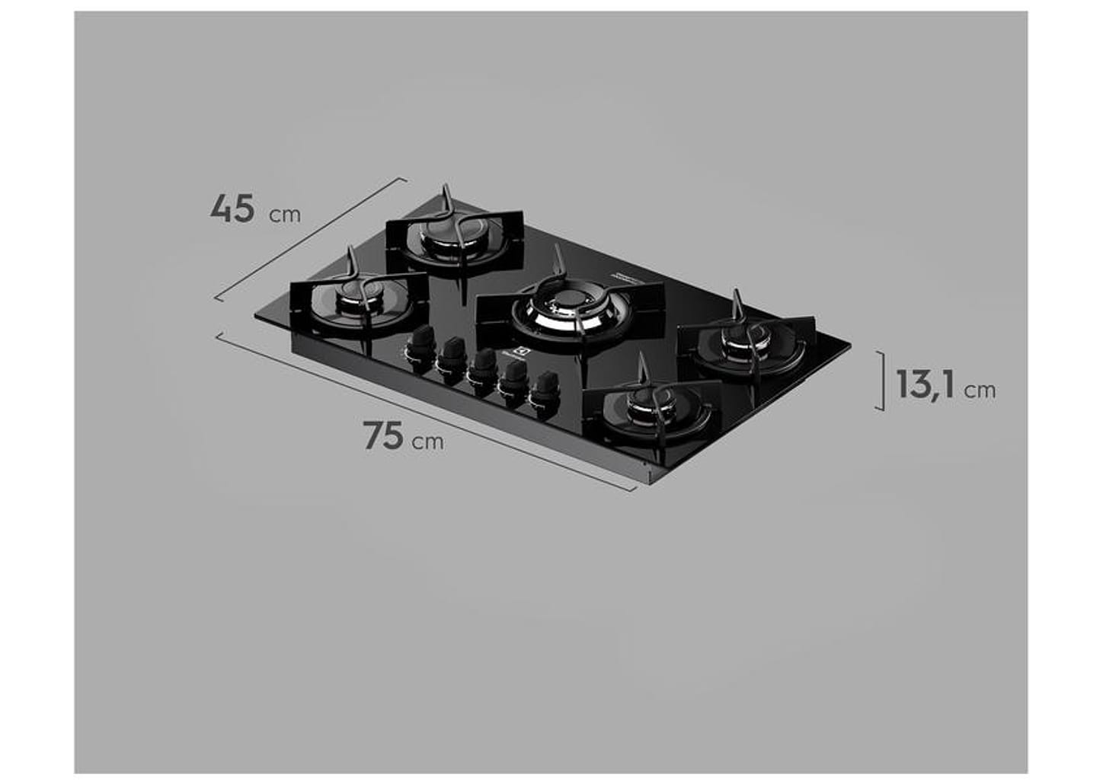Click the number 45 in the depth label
tap(232, 209)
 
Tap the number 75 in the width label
tap(383, 435)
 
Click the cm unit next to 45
tap(285, 215)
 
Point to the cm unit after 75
tap(427, 441)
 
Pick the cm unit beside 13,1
tap(980, 390)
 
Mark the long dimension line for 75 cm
tap(427, 412)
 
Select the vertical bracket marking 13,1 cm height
tap(882, 381)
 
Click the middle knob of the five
tap(482, 368)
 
